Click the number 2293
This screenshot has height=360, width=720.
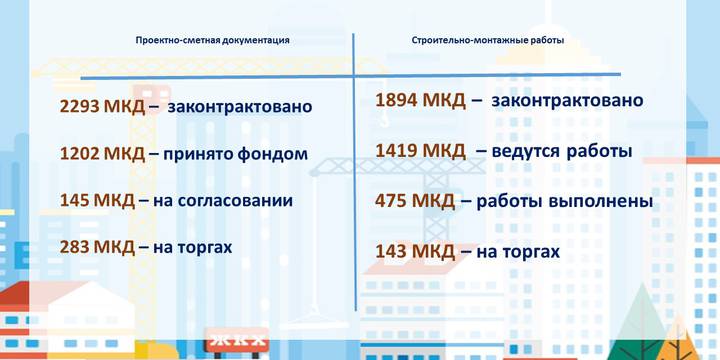[80, 106]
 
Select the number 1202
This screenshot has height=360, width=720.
[80, 154]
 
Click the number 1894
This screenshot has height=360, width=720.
[396, 101]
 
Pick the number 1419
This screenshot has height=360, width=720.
[396, 151]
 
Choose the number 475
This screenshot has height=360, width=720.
[391, 201]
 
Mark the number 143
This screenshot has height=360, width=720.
[391, 251]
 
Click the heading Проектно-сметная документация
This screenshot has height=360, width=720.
[213, 41]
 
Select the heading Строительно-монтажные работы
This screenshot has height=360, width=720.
[488, 41]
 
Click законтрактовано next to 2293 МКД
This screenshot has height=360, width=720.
[240, 106]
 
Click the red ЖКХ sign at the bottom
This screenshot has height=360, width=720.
[237, 344]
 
